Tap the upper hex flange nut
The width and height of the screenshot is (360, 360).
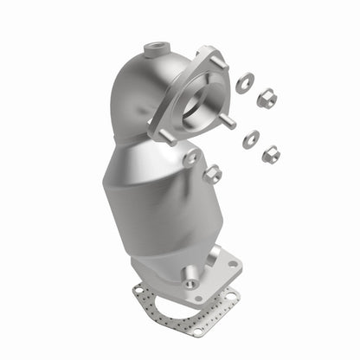click(x=267, y=98)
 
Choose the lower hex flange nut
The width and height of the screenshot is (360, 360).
click(x=271, y=154)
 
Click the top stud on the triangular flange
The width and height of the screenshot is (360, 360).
click(x=217, y=61)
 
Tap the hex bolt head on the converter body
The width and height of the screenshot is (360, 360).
click(x=211, y=175)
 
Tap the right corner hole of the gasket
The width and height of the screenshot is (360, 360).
click(x=232, y=297)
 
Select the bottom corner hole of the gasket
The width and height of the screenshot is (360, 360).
click(x=198, y=330)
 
